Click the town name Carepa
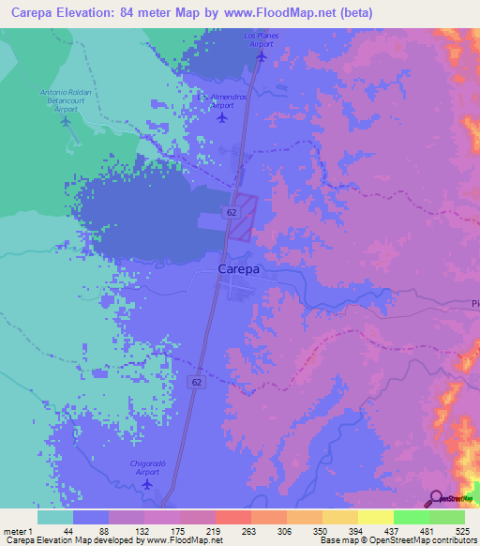(x=238, y=269)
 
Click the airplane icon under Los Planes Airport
(x=262, y=54)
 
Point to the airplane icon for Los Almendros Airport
(x=221, y=118)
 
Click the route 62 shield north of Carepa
(x=230, y=213)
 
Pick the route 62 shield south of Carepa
(x=195, y=383)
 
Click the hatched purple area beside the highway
(x=244, y=219)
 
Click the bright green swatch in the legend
(x=411, y=517)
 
